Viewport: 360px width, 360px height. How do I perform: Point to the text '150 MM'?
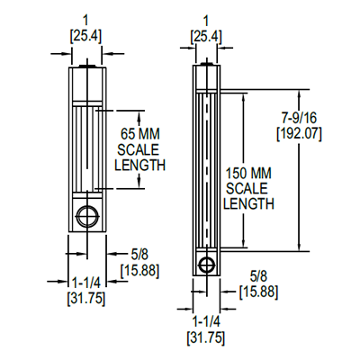pos(248,172)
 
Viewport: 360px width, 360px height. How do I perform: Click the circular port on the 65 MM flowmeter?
pos(88,216)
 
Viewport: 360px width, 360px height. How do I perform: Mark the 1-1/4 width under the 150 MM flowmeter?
pos(207,321)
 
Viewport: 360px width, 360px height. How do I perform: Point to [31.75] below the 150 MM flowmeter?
pos(207,337)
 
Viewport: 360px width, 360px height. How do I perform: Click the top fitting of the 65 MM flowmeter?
pos(87,66)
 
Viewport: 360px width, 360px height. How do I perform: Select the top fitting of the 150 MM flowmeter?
pos(208,66)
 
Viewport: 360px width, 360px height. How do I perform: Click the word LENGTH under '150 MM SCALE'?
pos(248,204)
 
